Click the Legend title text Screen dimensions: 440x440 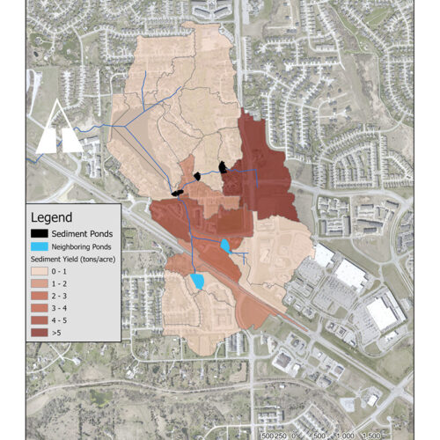point(51,216)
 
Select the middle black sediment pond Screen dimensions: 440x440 point(199,175)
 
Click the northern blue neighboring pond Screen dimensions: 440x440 point(225,245)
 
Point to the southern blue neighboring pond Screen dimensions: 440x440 point(197,281)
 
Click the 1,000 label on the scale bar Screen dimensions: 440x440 point(370,435)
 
